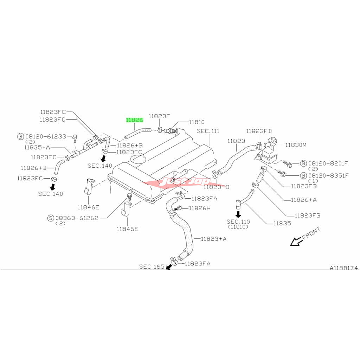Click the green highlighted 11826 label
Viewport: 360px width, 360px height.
135,120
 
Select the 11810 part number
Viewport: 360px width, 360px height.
197,122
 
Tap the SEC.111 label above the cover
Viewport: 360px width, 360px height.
208,131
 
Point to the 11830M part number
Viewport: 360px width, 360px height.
296,144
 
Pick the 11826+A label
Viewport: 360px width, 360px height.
304,200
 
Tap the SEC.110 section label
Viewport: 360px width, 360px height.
238,221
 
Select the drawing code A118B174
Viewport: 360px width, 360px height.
343,268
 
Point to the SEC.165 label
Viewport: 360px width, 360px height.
152,266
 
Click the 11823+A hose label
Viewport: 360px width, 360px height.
214,239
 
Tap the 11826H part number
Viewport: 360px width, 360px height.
199,208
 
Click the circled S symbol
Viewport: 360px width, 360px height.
51,218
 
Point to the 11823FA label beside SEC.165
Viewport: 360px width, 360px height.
198,263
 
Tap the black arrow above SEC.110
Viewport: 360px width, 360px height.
238,214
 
